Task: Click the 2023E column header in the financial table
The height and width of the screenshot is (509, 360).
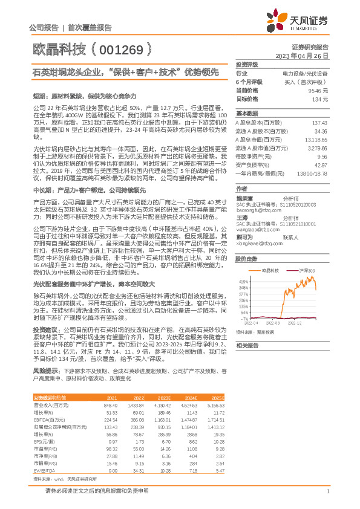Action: [164, 398]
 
